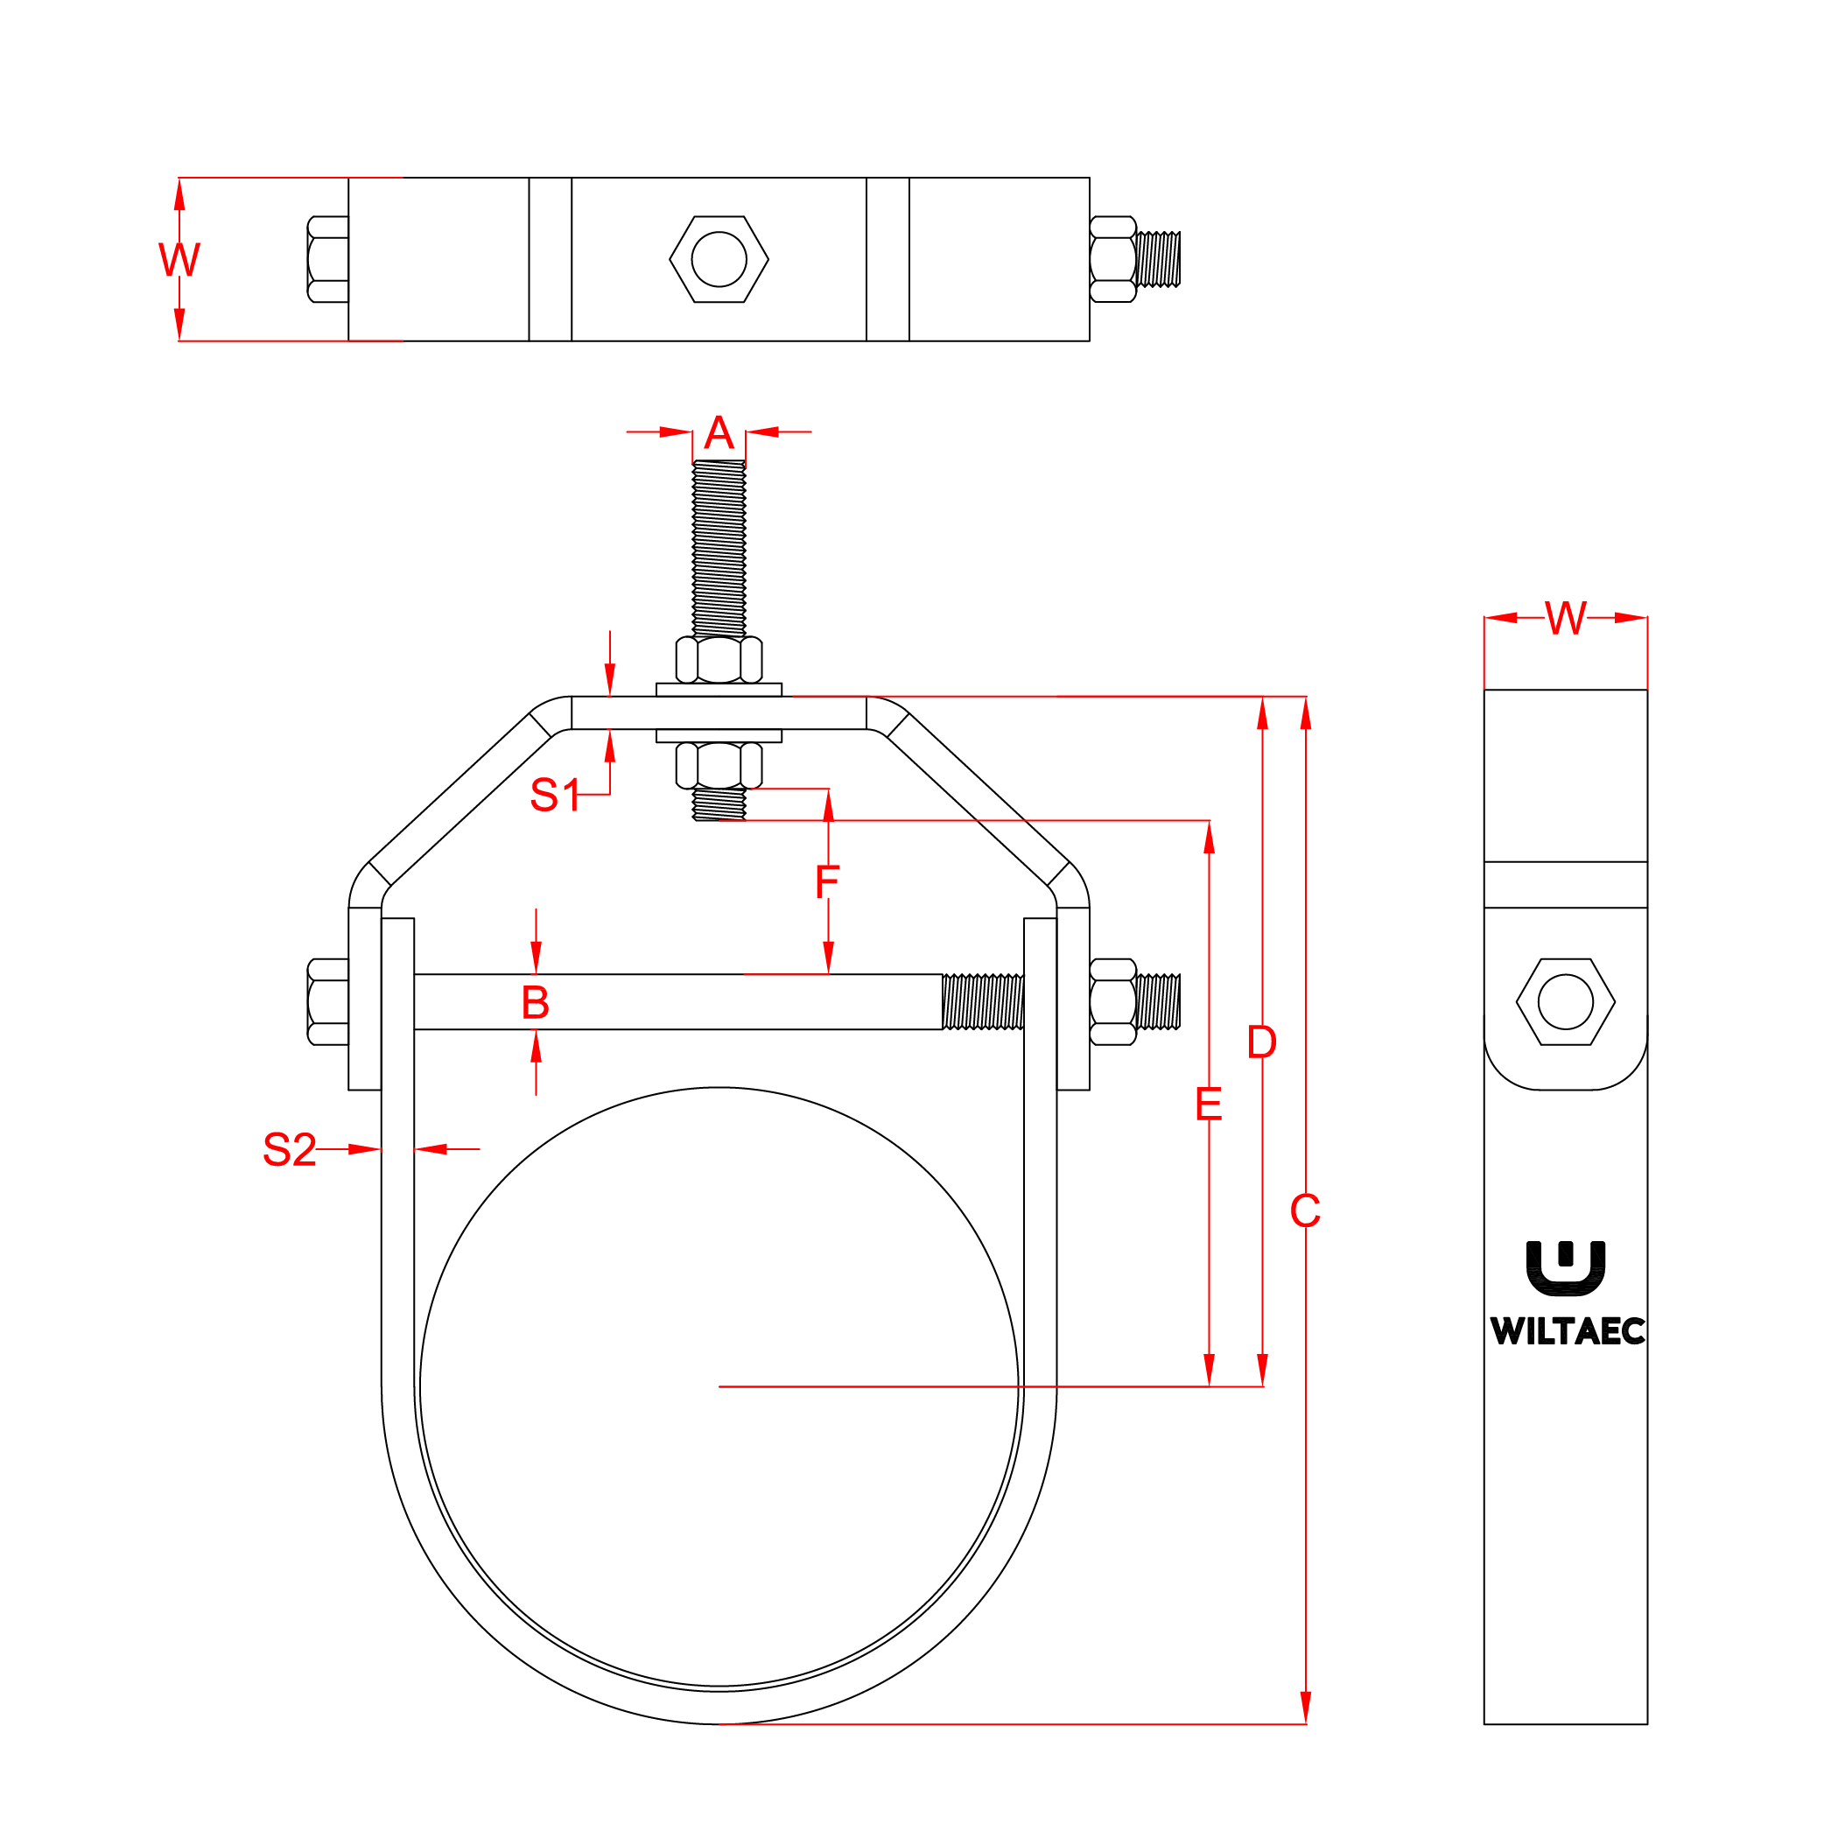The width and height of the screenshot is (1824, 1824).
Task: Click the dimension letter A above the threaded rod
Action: (719, 433)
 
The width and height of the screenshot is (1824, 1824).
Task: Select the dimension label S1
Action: (554, 795)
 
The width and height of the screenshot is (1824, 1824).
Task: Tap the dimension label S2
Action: (289, 1150)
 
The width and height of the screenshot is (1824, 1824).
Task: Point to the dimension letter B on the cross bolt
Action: (536, 1003)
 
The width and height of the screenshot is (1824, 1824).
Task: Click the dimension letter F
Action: (827, 883)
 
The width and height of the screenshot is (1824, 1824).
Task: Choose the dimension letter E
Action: (1209, 1105)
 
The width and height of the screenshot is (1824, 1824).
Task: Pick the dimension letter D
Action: (1261, 1042)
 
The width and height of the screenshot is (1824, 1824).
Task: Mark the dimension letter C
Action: (1305, 1211)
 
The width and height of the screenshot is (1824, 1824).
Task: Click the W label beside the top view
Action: (179, 260)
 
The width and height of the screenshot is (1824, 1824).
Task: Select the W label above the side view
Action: (1565, 619)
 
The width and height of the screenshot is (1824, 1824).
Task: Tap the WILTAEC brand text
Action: (1568, 1331)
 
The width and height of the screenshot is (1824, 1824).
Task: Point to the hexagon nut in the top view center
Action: (719, 259)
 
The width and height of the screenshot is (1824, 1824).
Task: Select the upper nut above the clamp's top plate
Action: (719, 660)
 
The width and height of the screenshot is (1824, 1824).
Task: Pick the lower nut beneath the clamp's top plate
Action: (719, 766)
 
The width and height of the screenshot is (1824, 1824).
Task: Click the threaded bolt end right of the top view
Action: (1159, 259)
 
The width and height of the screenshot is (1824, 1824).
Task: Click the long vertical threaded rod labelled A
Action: (719, 548)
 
